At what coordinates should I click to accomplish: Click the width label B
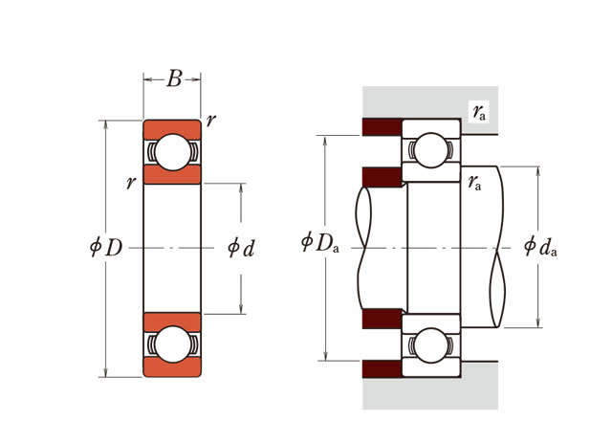[173, 79]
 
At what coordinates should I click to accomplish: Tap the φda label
[541, 248]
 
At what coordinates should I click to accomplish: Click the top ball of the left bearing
[172, 153]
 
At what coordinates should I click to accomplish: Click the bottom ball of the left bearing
[172, 344]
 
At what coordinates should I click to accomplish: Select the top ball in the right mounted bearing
[429, 150]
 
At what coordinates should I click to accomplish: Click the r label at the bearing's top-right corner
[210, 120]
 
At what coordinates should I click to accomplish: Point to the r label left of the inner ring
[131, 182]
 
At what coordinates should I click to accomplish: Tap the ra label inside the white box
[479, 113]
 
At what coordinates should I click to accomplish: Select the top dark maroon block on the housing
[381, 127]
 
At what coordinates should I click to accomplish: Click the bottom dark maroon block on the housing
[381, 368]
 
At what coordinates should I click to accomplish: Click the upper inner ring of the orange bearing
[172, 175]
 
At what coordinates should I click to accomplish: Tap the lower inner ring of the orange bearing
[172, 321]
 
